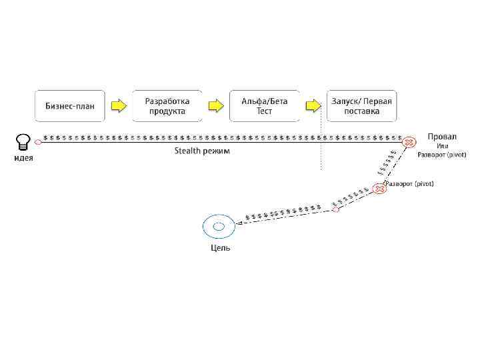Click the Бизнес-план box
point(70,105)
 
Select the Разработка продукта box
point(167,105)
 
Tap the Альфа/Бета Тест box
point(264,105)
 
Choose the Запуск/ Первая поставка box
point(361,105)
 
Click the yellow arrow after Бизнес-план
point(118,105)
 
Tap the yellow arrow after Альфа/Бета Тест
point(312,105)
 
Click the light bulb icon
point(23,141)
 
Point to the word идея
point(23,158)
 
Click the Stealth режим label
point(201,151)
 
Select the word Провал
point(442,137)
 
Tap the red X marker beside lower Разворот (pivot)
point(379,189)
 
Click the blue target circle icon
point(218,227)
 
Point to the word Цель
point(221,248)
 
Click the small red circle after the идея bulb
point(38,141)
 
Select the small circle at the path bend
point(336,209)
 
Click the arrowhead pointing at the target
point(239,223)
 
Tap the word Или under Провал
point(442,146)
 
